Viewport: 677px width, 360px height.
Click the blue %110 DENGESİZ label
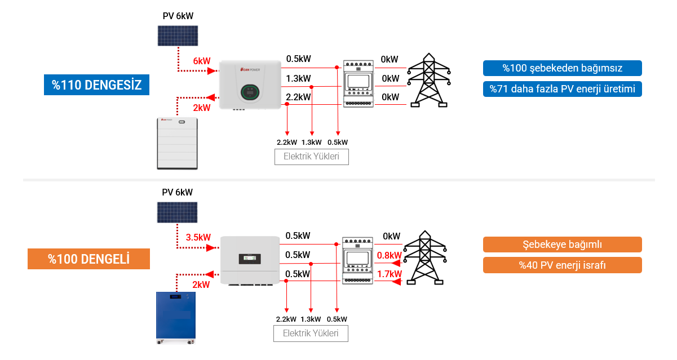[97, 85]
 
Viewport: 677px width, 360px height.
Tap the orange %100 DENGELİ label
[89, 259]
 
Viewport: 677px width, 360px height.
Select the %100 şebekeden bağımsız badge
[562, 68]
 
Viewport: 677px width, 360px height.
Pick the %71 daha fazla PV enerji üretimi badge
[562, 89]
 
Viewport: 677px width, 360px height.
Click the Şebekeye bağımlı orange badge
[562, 245]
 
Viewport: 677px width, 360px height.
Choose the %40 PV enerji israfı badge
[562, 265]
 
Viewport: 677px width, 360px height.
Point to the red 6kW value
[201, 61]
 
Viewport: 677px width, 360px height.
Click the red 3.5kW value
[198, 237]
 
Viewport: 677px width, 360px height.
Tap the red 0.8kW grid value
[390, 255]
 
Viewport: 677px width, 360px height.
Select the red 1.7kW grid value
[390, 274]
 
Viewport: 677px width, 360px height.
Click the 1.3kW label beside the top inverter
[298, 78]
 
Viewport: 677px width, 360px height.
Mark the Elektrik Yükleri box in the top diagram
[312, 157]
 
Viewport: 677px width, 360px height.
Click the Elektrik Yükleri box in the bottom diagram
[311, 334]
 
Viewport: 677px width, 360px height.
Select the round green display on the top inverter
[249, 90]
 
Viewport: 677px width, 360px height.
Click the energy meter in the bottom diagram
[359, 260]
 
